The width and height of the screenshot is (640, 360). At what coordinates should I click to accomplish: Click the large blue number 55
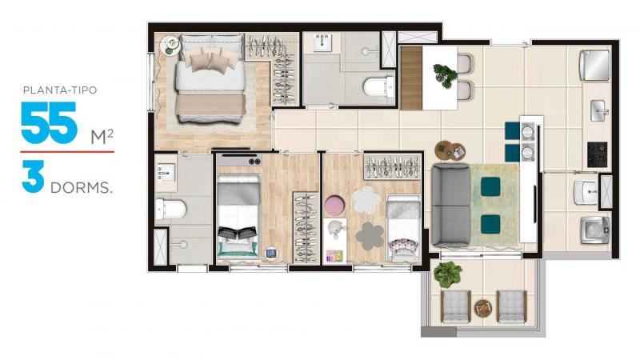point(49,123)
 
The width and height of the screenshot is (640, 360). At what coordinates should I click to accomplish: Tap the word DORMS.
point(82,188)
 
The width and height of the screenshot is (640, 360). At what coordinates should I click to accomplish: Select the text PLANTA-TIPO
point(60,90)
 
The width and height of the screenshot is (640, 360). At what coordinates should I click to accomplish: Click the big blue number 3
point(33,177)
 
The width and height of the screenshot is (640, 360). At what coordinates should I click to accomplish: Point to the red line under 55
point(67,152)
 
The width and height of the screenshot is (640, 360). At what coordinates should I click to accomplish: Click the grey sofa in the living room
point(450,205)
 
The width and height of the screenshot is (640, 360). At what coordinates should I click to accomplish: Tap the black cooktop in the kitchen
point(597,154)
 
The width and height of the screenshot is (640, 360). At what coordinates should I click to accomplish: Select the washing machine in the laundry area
point(595,230)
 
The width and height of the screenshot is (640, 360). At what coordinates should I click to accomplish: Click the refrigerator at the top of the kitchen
point(595,66)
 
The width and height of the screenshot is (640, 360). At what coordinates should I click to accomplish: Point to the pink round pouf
point(335,206)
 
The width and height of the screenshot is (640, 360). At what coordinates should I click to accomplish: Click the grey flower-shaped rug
point(370,236)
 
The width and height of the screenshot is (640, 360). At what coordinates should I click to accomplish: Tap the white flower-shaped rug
point(366,199)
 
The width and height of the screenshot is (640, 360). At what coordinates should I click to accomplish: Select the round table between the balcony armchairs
point(483,308)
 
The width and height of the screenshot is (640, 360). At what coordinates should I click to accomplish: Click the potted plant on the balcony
point(448,274)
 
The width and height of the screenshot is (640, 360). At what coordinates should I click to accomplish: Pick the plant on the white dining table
point(445,75)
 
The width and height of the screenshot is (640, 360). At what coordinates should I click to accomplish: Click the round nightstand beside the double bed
point(170,46)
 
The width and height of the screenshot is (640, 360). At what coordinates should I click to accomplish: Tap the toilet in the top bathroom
point(378,86)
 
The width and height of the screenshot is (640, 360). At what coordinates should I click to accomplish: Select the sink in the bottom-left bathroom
point(166,173)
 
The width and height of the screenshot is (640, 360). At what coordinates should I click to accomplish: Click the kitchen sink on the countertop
point(599,110)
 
